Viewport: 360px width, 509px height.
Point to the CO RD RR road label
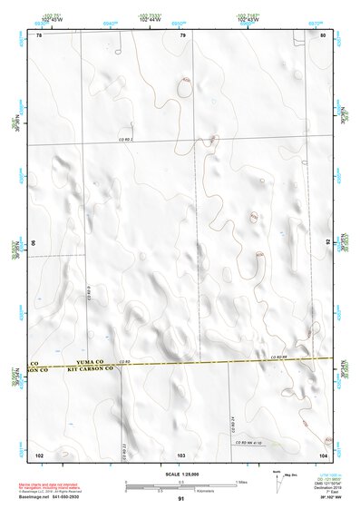(x=277, y=358)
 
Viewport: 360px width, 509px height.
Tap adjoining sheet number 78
(x=39, y=34)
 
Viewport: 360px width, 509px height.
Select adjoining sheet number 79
(x=182, y=34)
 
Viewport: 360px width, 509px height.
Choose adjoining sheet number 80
(x=324, y=34)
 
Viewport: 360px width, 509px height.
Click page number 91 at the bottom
(x=181, y=499)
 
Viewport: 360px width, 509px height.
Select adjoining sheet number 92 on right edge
(x=328, y=243)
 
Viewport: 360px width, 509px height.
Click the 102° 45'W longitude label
(x=50, y=17)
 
